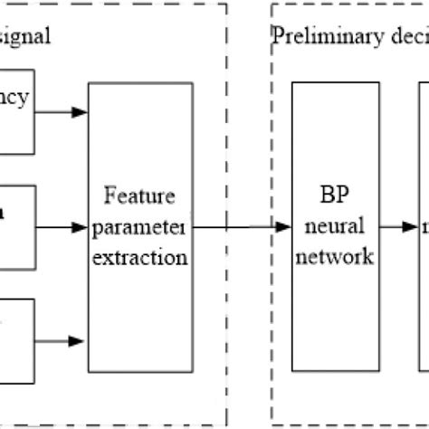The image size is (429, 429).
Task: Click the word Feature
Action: coord(139,195)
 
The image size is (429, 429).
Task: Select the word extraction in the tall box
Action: coord(139,257)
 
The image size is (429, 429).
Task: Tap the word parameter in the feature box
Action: coord(139,226)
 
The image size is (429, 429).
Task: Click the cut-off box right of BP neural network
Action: coord(424,226)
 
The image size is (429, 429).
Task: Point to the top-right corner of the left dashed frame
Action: coord(226,4)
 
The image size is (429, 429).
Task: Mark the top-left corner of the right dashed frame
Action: coord(272,4)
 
